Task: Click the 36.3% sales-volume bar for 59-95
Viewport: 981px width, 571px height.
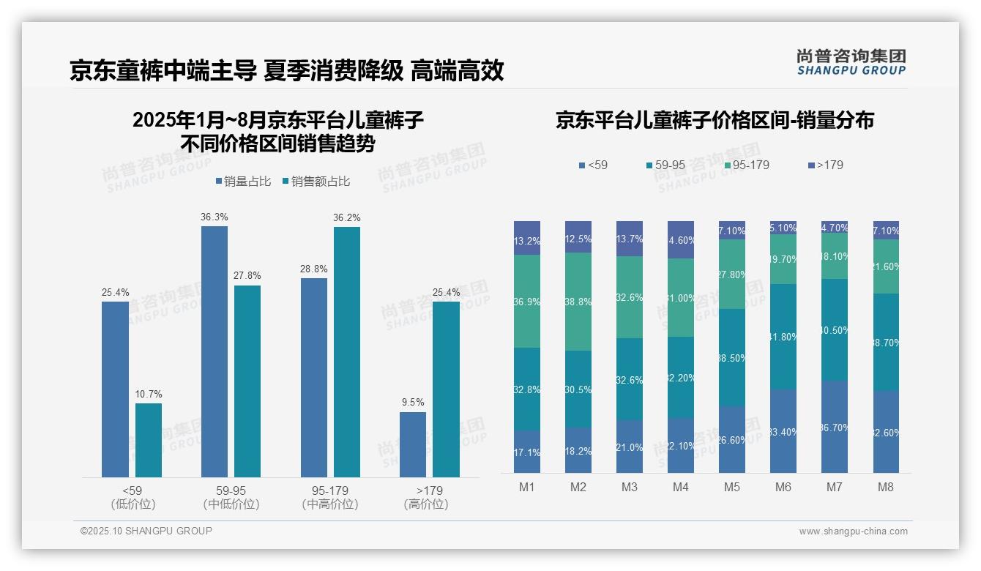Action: pos(214,351)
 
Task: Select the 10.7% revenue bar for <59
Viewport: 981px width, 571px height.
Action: pos(149,440)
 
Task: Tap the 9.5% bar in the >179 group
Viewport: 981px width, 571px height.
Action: pos(412,444)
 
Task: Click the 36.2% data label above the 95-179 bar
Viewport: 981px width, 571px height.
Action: pos(346,217)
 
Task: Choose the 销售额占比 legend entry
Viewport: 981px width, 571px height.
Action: pos(316,182)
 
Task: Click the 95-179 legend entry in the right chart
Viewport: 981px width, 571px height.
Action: pos(746,165)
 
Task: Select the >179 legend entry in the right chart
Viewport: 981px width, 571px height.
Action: pos(825,165)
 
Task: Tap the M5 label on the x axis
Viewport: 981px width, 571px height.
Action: pos(732,487)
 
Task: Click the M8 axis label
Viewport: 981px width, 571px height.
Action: pos(886,487)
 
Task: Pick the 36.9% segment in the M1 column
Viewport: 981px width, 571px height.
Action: pos(527,301)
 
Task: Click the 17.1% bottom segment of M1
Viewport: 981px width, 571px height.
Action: pos(527,452)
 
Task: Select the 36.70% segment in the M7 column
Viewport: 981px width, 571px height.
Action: pos(835,427)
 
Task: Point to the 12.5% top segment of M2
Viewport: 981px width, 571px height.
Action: pos(578,237)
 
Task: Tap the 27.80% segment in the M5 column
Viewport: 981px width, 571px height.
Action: pos(732,274)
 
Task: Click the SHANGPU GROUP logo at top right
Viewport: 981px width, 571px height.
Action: pos(851,62)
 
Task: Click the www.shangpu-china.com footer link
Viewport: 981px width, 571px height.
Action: pos(853,531)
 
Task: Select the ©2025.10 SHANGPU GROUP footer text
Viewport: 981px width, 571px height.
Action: pos(146,531)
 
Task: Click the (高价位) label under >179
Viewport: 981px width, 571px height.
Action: pos(425,504)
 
